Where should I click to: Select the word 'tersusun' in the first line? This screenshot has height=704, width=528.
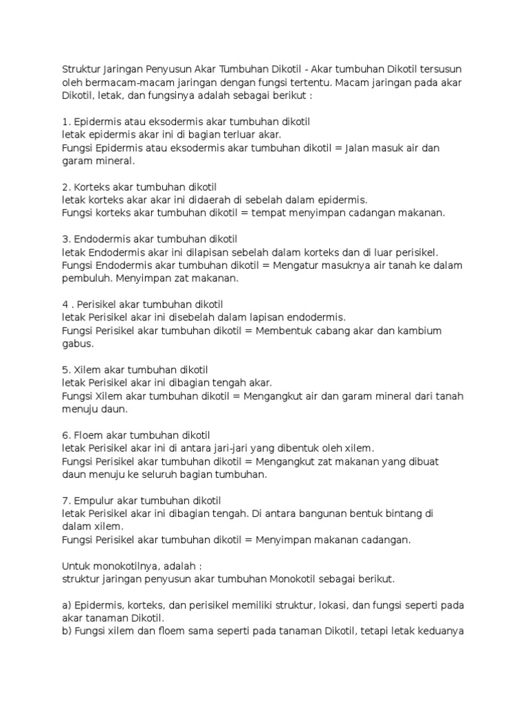coord(441,69)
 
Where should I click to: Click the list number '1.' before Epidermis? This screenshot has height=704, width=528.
coord(65,122)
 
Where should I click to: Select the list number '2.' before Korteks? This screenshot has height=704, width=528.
coord(66,187)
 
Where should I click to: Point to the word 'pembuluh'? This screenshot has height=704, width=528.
coord(87,278)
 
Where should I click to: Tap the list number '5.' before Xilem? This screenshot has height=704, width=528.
coord(66,370)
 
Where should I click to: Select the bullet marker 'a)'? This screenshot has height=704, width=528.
coord(67,605)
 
